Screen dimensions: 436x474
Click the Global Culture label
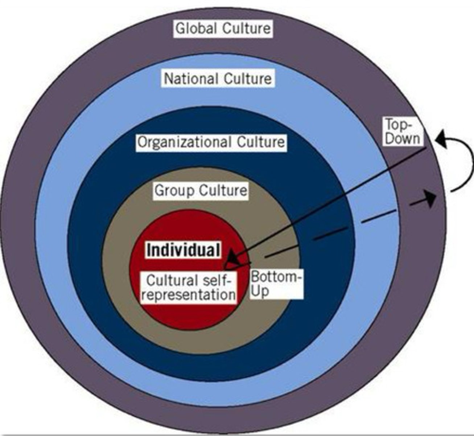click(223, 28)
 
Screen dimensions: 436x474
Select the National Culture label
click(218, 78)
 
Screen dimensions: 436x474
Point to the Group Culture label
click(201, 190)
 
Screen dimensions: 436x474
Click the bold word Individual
click(183, 250)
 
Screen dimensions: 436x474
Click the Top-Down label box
click(403, 132)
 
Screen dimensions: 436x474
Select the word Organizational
click(185, 142)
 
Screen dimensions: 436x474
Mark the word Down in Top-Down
click(403, 138)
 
